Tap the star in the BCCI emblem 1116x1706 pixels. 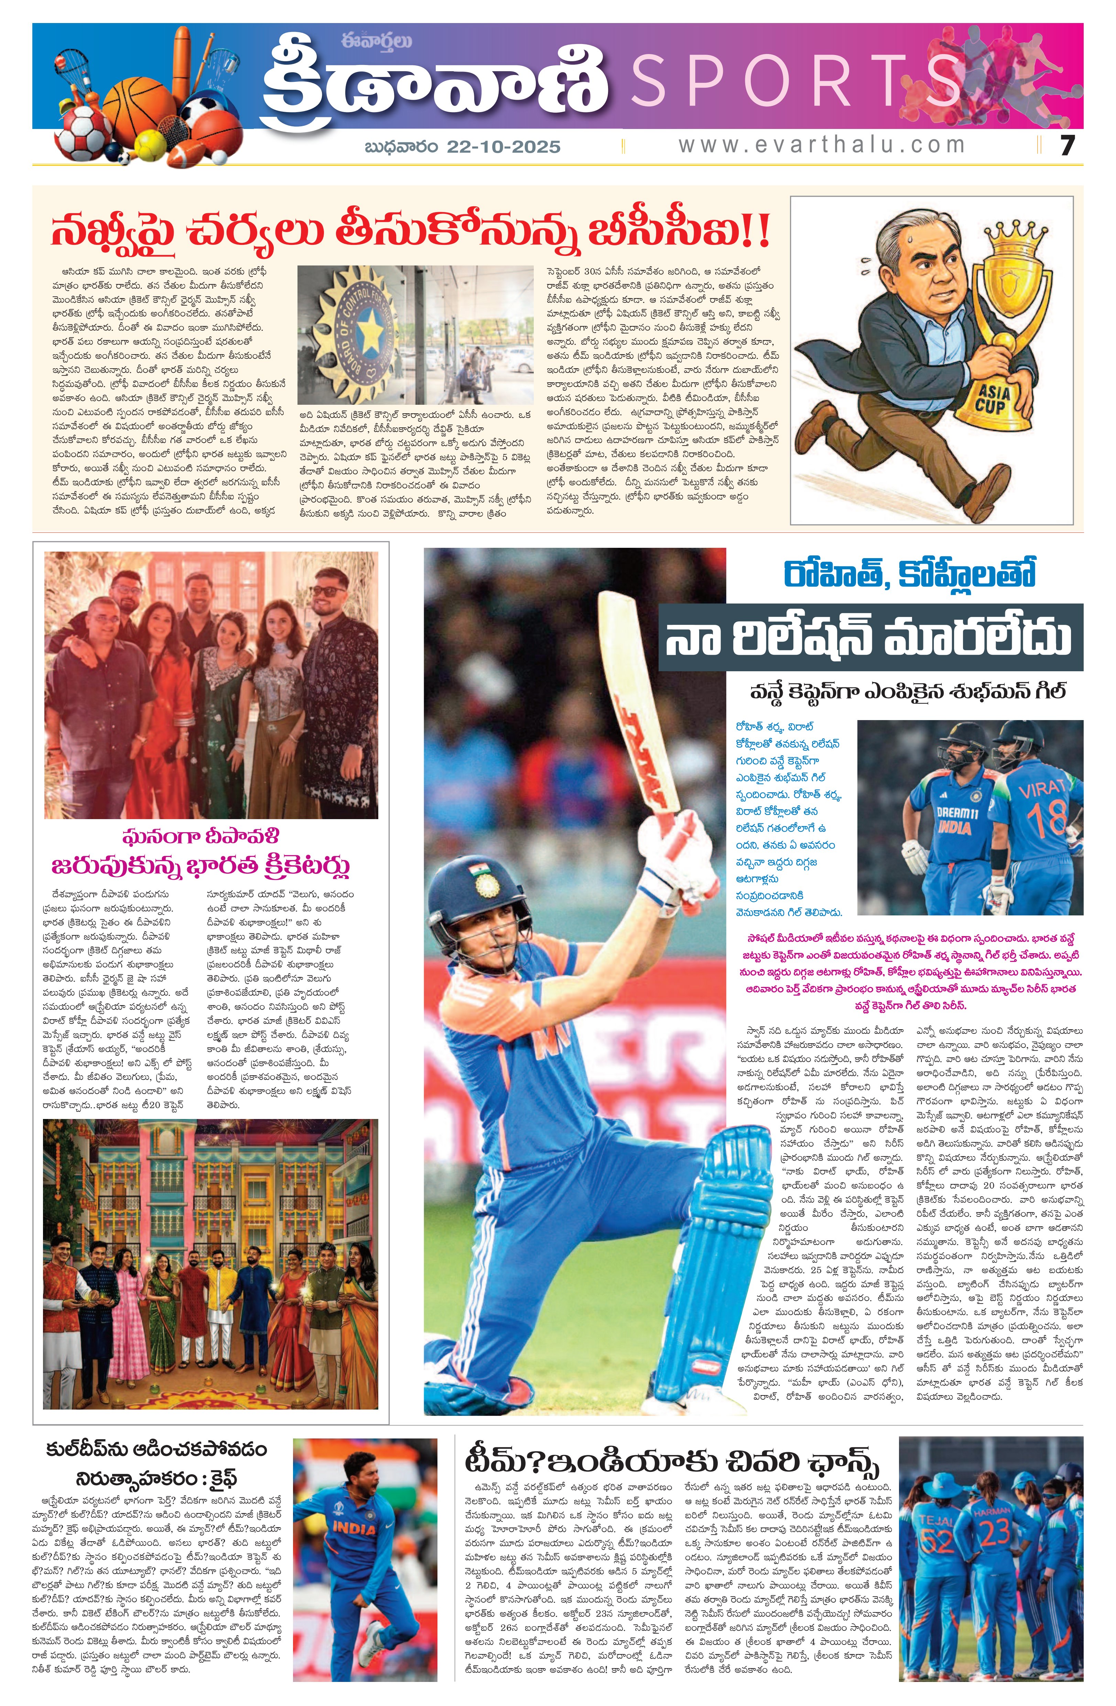pos(370,329)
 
